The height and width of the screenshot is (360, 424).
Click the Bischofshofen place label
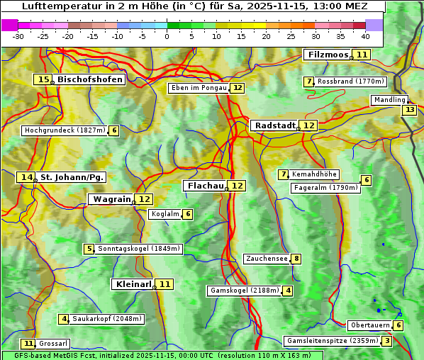(x=90, y=79)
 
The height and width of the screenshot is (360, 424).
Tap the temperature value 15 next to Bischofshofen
(x=43, y=79)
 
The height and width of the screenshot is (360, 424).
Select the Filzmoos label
(x=327, y=55)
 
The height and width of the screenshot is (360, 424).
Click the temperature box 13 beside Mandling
(x=409, y=110)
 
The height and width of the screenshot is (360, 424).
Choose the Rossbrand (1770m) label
(x=350, y=81)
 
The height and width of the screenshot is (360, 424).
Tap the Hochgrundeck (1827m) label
(x=64, y=130)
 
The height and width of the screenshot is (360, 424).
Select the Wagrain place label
(x=111, y=199)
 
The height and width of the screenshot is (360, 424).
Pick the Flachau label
(x=205, y=186)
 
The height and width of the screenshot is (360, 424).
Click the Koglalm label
(x=165, y=214)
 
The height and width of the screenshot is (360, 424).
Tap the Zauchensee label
(x=267, y=259)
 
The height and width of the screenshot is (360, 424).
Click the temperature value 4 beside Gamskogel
(x=288, y=291)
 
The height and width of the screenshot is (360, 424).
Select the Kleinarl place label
(x=133, y=284)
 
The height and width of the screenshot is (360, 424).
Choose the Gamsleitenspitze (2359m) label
(x=332, y=341)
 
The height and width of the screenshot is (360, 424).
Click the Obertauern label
(x=369, y=325)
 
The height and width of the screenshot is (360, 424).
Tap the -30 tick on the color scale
(x=18, y=36)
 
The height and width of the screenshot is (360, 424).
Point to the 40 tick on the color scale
(x=365, y=36)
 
